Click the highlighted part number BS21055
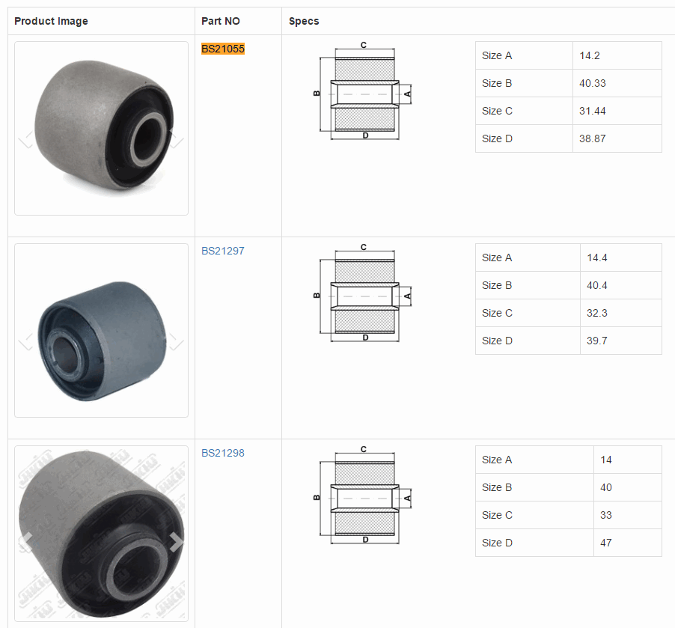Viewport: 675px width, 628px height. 223,49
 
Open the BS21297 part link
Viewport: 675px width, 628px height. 223,251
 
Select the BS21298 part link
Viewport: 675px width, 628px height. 223,453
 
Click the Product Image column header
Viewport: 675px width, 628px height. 51,21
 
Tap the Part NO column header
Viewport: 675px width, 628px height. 221,21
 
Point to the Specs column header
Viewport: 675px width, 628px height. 304,21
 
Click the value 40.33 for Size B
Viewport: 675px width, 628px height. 593,83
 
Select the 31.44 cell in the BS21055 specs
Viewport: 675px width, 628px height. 593,111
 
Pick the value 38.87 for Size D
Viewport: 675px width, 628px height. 593,138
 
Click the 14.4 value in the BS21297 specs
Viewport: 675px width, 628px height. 597,257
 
